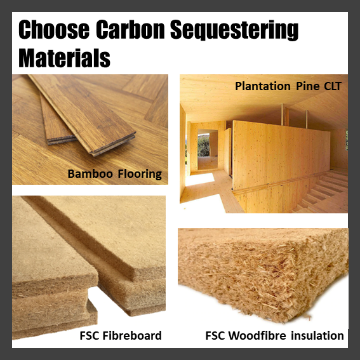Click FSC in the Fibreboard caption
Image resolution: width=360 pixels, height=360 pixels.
(92, 335)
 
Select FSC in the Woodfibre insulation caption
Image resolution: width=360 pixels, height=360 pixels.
(217, 335)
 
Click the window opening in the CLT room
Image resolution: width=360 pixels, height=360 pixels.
(204, 147)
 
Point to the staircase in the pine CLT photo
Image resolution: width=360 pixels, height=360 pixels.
(321, 190)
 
